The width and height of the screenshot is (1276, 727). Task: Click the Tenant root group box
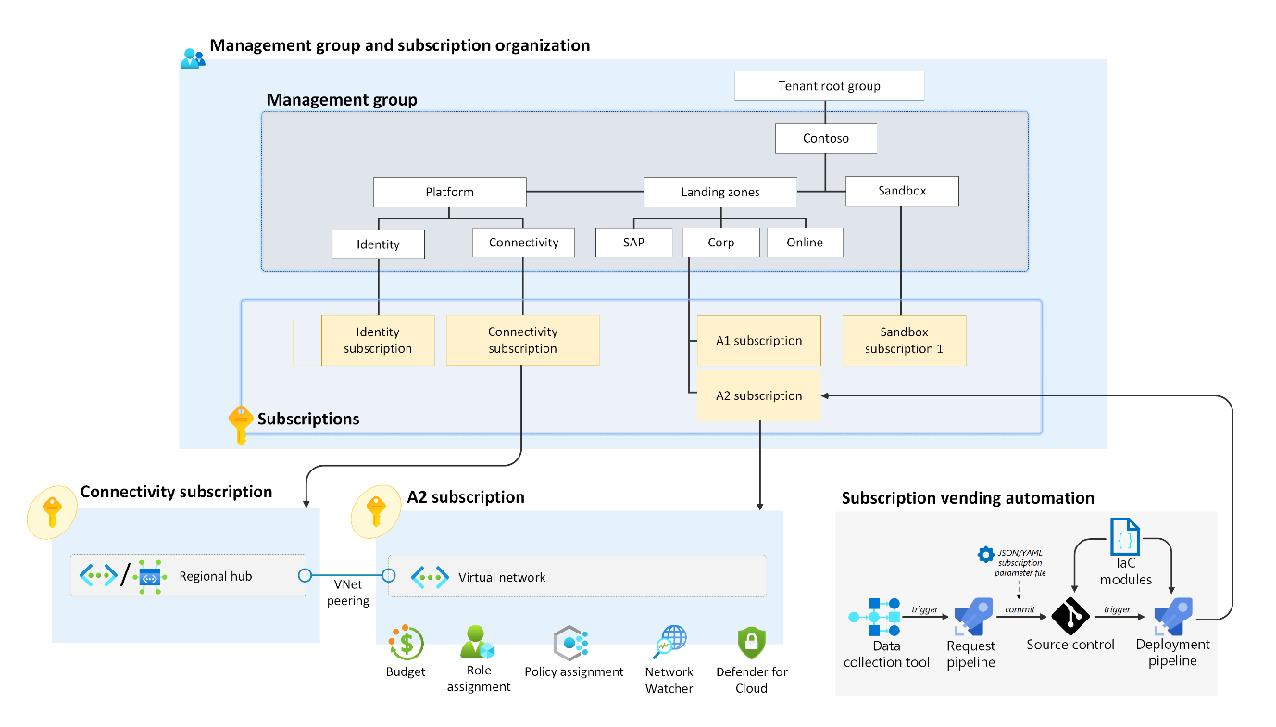(830, 86)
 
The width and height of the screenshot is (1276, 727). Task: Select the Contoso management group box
(826, 139)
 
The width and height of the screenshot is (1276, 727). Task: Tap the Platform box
(450, 193)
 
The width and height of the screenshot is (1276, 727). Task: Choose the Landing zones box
(720, 193)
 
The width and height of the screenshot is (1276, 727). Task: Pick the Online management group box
(804, 243)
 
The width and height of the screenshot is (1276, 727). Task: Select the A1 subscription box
(758, 341)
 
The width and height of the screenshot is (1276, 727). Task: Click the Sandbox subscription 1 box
(904, 341)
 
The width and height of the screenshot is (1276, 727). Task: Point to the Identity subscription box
(378, 341)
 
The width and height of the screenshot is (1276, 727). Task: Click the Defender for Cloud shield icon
(751, 643)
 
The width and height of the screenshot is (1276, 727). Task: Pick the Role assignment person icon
(478, 641)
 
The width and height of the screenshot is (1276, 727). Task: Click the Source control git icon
(1070, 616)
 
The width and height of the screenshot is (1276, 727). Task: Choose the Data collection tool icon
(874, 616)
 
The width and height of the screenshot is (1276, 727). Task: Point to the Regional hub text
(216, 576)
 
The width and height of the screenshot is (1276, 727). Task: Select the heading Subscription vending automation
(968, 498)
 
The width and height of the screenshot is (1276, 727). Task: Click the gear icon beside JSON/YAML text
(985, 555)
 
